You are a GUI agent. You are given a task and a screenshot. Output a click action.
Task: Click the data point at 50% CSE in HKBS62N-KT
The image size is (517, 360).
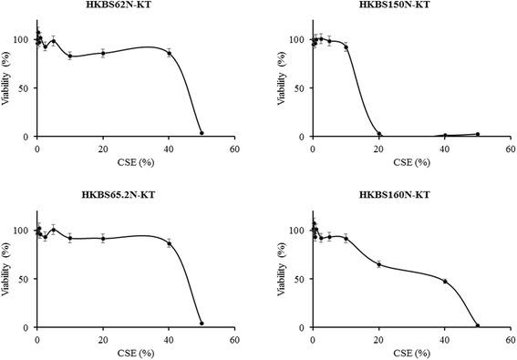click(202, 133)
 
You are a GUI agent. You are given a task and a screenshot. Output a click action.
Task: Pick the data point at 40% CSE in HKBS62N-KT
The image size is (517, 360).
click(169, 53)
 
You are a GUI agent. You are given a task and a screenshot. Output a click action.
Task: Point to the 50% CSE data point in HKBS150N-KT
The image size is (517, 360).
click(478, 134)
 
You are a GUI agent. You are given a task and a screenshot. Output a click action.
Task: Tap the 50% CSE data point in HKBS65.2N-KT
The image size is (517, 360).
click(202, 324)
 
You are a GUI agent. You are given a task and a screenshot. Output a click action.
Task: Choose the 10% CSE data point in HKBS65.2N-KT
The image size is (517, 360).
click(70, 238)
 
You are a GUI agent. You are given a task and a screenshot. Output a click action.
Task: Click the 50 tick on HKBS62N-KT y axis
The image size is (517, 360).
click(26, 88)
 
